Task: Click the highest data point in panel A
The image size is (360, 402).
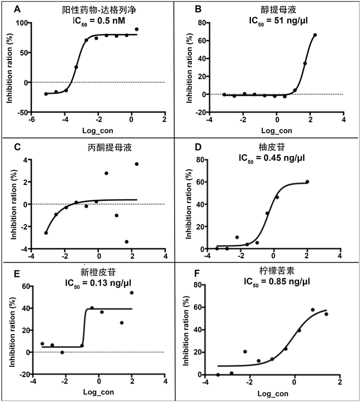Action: pos(137,29)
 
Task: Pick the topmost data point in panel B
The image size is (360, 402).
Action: pos(315,35)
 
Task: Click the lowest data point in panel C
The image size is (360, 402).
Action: pos(126,242)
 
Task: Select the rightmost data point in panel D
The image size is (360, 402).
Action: pos(307,182)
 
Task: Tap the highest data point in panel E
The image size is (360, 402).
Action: pos(131,293)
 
